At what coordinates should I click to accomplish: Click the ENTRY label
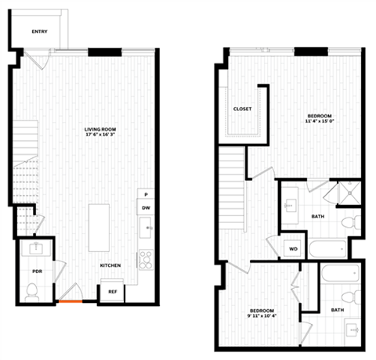39,32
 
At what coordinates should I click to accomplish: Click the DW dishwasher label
146,208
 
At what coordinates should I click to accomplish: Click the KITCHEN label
110,265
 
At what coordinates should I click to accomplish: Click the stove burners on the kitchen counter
145,258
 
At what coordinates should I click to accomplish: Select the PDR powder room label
37,271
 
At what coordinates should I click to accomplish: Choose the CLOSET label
243,109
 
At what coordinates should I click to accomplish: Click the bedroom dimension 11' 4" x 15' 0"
320,121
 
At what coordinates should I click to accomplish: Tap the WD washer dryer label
294,249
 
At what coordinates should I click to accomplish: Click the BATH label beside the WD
318,218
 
